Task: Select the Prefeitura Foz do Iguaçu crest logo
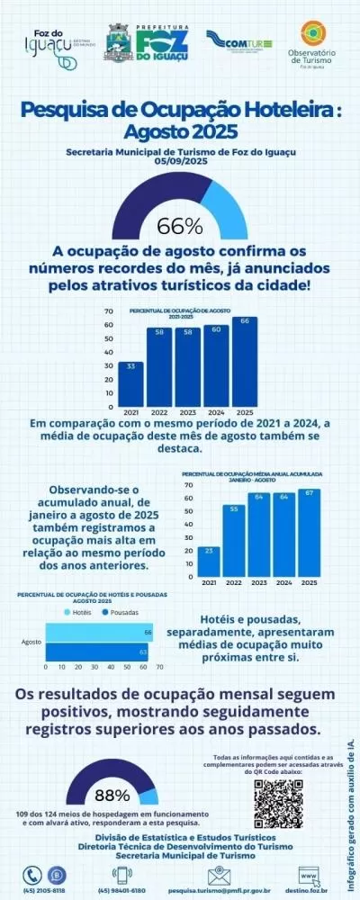click(117, 42)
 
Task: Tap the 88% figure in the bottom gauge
click(112, 796)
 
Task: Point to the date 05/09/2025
click(180, 162)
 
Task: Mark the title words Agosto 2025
click(180, 132)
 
